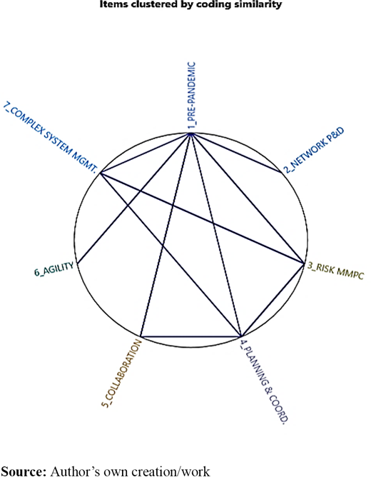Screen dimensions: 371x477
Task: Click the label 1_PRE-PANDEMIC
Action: [x=191, y=96]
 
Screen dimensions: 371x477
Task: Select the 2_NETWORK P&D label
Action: [x=314, y=151]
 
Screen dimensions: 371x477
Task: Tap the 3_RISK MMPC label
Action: [x=335, y=271]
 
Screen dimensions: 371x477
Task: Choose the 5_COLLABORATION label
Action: [x=122, y=373]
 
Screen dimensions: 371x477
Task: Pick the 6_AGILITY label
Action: [x=54, y=269]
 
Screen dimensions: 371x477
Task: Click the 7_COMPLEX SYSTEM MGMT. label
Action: [x=51, y=138]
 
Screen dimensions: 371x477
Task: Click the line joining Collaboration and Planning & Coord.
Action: [x=190, y=337]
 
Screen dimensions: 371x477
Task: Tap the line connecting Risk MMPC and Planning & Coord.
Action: [x=273, y=300]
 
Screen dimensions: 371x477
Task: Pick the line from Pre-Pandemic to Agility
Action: [x=134, y=199]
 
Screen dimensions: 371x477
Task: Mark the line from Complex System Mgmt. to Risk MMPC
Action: [x=202, y=218]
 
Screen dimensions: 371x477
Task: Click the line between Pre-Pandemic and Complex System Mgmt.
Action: [x=146, y=154]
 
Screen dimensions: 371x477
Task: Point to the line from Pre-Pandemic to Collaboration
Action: [x=166, y=235]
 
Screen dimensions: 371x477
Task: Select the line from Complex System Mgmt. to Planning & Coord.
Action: [x=171, y=255]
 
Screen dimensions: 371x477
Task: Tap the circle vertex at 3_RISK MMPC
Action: [x=304, y=263]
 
